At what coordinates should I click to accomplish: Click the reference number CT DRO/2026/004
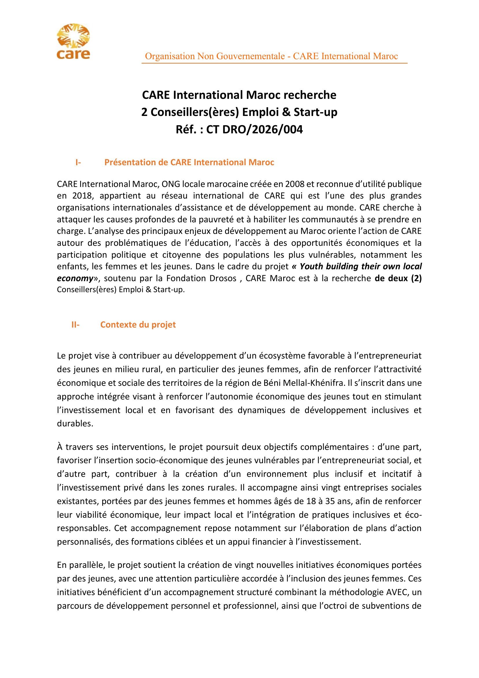pyautogui.click(x=254, y=130)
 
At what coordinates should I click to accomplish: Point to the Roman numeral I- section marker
pyautogui.click(x=78, y=162)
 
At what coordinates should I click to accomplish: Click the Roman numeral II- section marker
pyautogui.click(x=75, y=325)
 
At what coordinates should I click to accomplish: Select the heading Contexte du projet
pyautogui.click(x=138, y=325)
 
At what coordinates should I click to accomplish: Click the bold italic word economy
pyautogui.click(x=75, y=278)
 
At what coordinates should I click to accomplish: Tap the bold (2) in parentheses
pyautogui.click(x=416, y=278)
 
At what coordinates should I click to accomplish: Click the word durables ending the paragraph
pyautogui.click(x=74, y=423)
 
